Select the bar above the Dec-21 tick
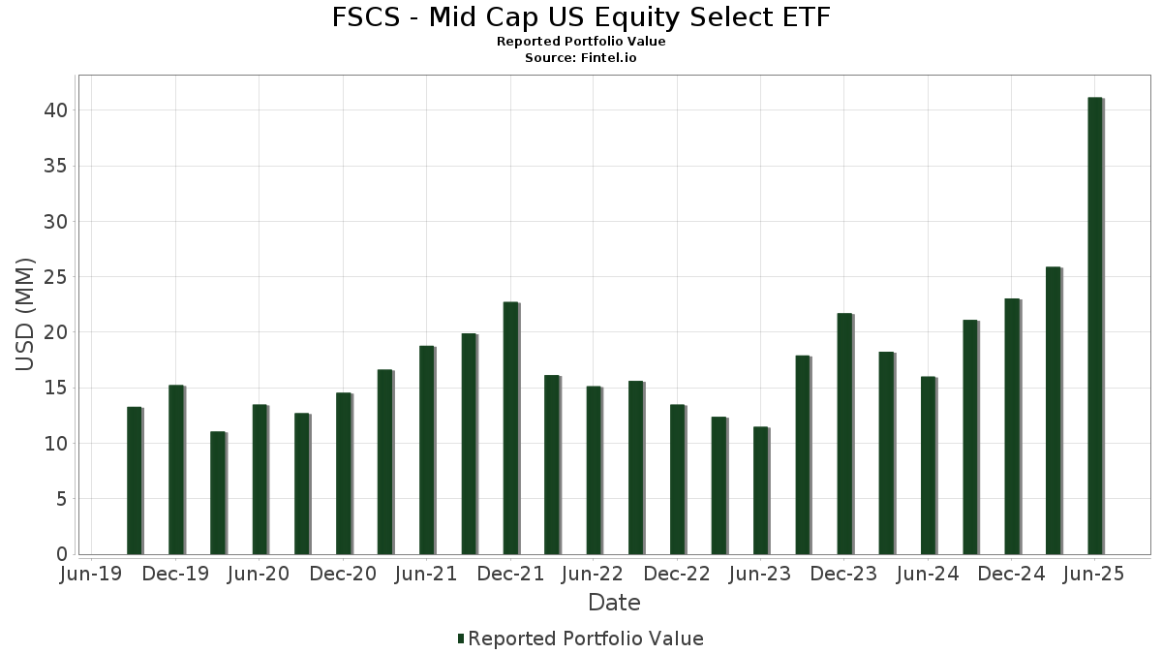click(510, 428)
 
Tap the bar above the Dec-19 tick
click(175, 470)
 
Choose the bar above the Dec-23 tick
click(844, 434)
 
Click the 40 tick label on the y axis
click(55, 110)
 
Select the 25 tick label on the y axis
click(55, 277)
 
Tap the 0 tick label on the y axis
click(61, 554)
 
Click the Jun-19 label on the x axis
click(91, 575)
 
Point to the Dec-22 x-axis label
click(677, 575)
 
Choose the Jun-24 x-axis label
click(928, 575)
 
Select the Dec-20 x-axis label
click(343, 575)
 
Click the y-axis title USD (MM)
click(26, 314)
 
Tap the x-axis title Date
click(614, 603)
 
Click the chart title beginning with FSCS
click(581, 17)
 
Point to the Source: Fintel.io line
click(581, 58)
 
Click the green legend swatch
click(461, 638)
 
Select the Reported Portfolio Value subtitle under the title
click(581, 42)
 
